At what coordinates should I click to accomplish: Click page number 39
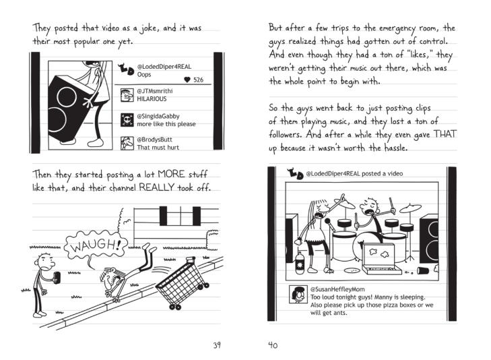tap(217, 345)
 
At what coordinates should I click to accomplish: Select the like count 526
tap(198, 80)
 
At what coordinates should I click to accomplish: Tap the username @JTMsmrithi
tap(156, 91)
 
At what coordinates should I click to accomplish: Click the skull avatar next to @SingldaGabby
tap(126, 119)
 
